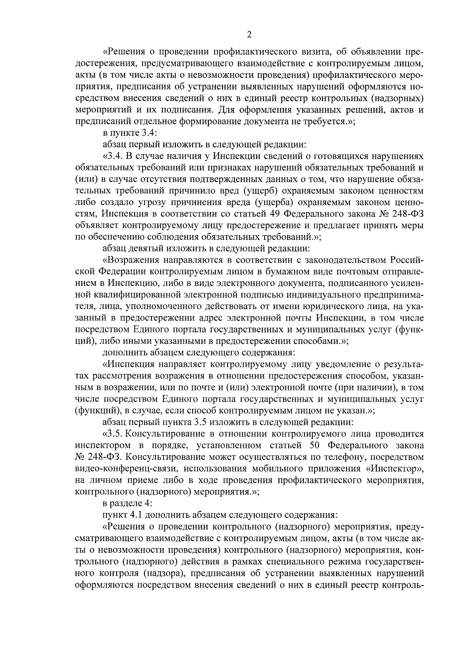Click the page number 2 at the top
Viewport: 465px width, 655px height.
pos(249,35)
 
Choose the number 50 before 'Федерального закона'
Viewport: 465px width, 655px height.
pos(318,445)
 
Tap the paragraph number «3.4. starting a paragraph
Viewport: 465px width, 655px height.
pos(114,156)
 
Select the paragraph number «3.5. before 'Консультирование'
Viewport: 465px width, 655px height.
pos(114,433)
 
